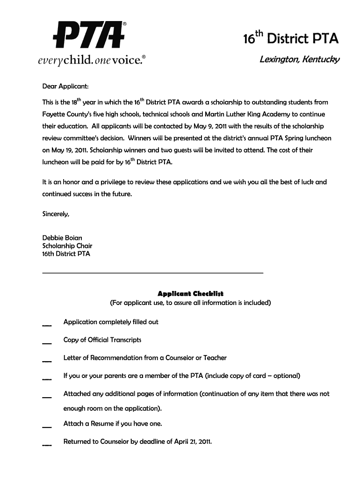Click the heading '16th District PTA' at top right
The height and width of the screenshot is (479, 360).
pos(290,38)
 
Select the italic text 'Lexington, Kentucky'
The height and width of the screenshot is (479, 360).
pos(300,60)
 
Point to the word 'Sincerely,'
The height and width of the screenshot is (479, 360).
pos(56,214)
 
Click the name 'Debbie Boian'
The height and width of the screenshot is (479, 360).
pos(62,238)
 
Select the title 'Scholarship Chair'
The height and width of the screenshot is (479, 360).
pos(67,246)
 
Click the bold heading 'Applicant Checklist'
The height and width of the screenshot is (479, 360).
pos(190,294)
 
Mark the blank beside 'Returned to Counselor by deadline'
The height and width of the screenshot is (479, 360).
pos(47,444)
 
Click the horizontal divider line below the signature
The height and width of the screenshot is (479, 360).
pos(153,272)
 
